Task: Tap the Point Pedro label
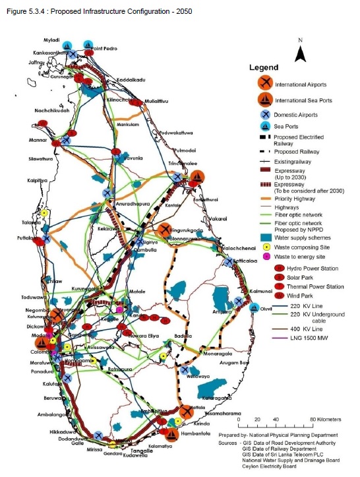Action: (106, 49)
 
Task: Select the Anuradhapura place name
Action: (133, 205)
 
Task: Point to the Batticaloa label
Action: (243, 262)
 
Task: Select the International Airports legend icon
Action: (265, 84)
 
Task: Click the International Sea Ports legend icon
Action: (265, 100)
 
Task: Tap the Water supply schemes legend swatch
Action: (264, 236)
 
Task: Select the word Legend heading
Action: (264, 67)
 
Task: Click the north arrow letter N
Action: (301, 40)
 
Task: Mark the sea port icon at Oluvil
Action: (254, 306)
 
